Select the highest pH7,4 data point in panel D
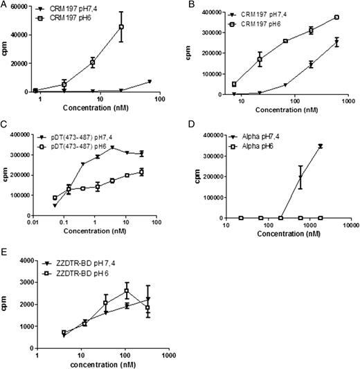(x=321, y=146)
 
